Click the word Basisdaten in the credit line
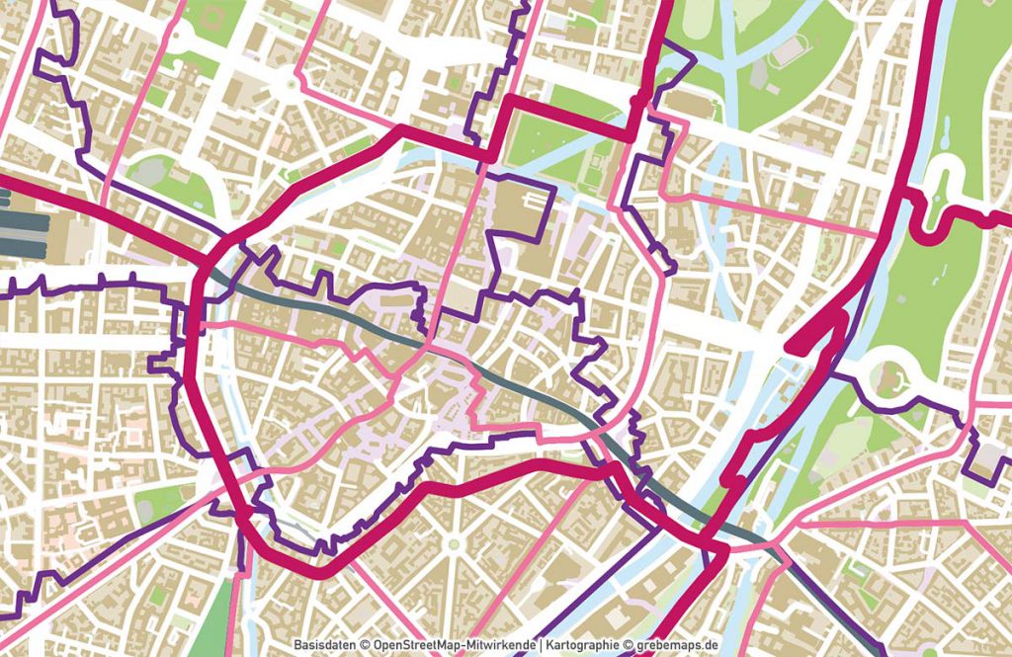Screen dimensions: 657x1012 324,645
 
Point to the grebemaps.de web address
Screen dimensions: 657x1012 679,645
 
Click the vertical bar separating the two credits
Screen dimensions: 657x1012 543,645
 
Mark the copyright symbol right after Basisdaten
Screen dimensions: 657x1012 364,645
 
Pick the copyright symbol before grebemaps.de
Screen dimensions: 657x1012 629,645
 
